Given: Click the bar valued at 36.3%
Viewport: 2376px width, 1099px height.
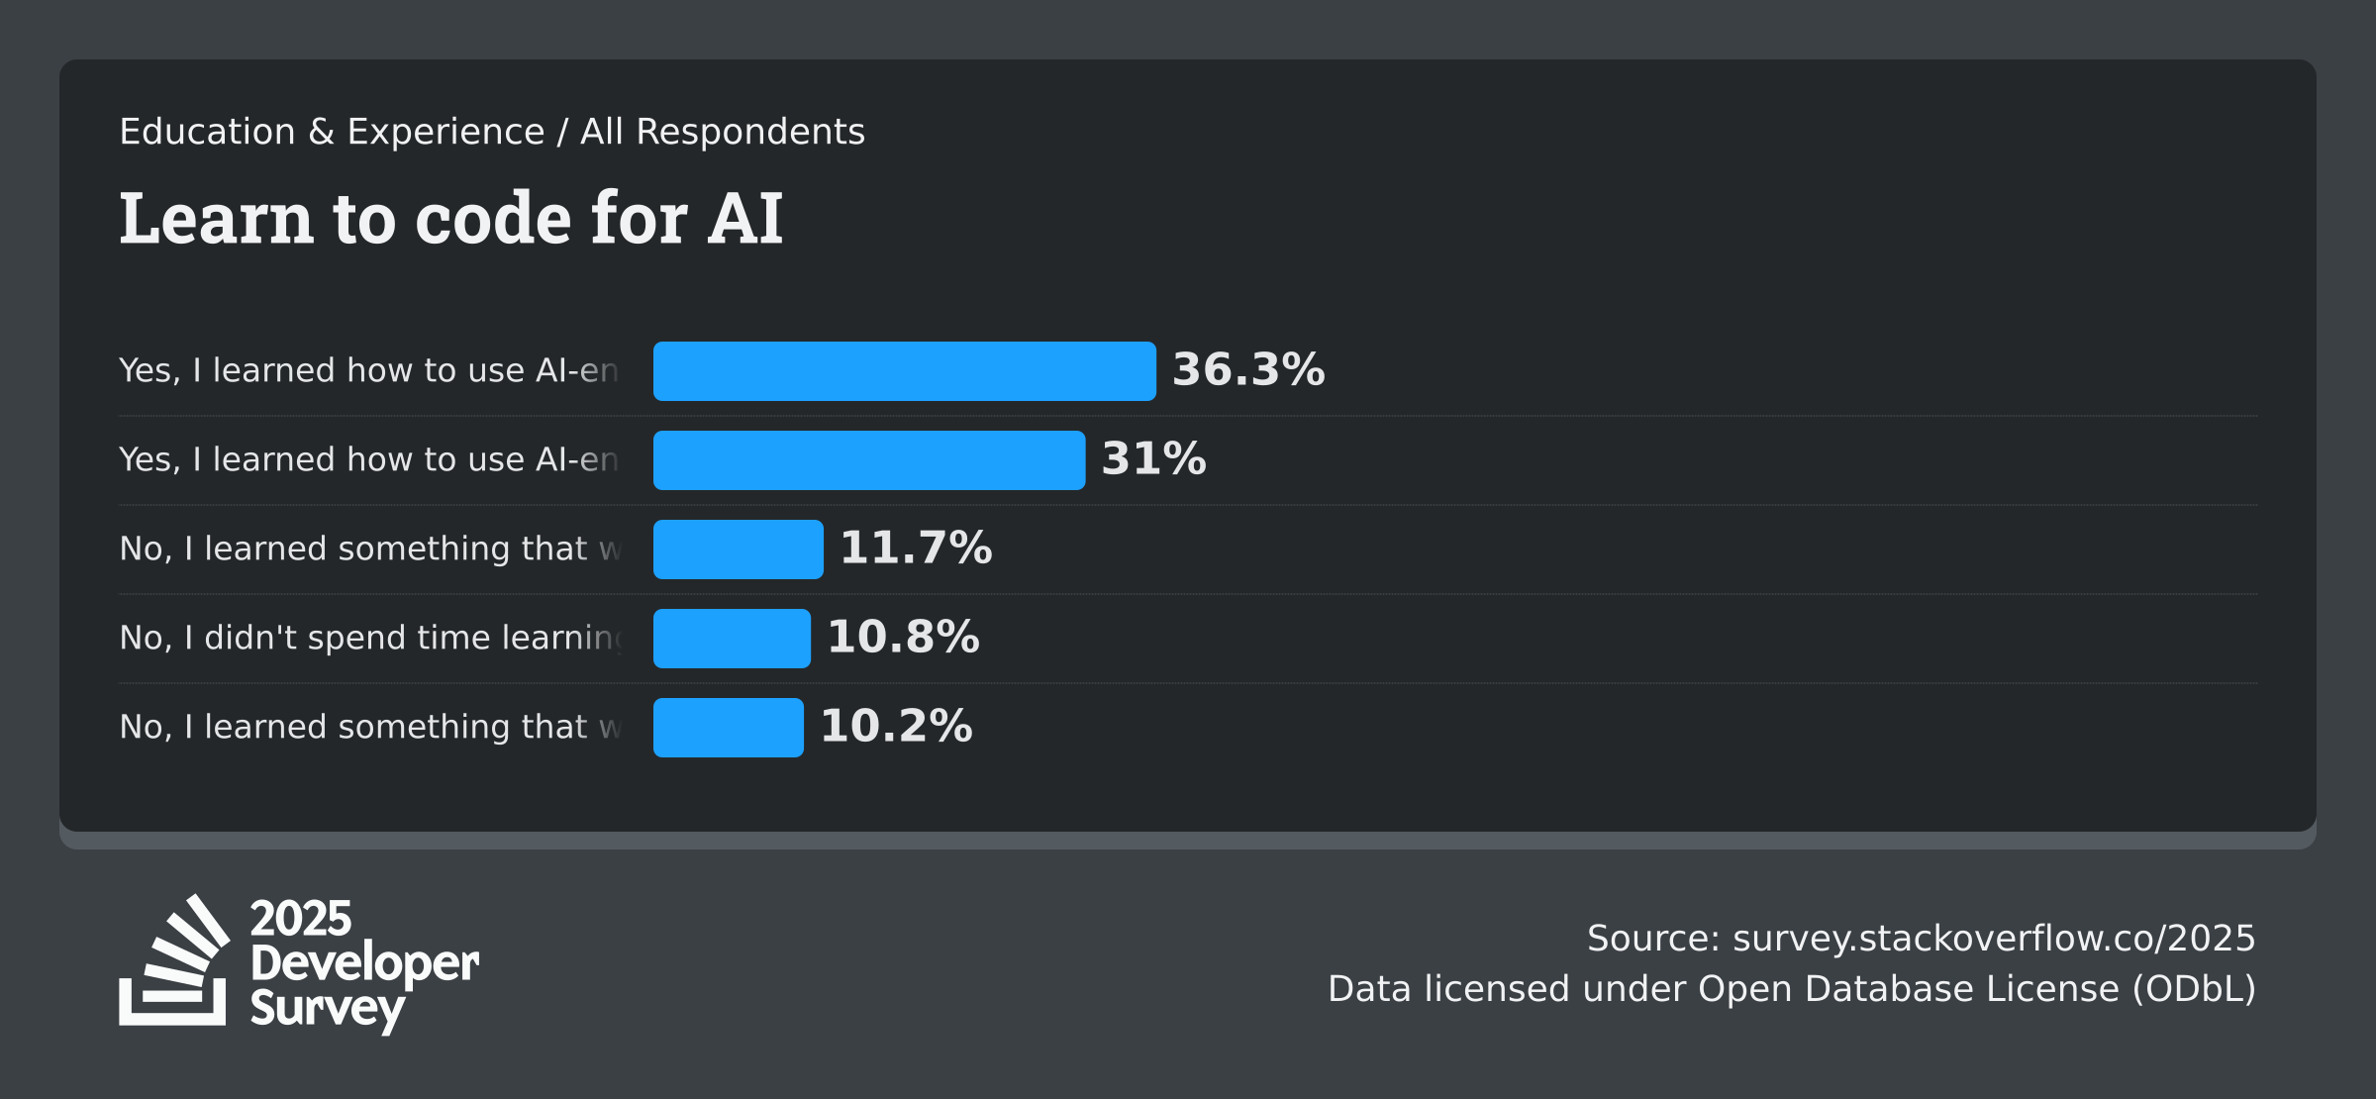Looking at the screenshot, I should pyautogui.click(x=904, y=371).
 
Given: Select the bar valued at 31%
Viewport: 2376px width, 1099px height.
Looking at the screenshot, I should pyautogui.click(x=869, y=460).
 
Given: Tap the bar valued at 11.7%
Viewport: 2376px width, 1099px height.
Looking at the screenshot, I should pyautogui.click(x=738, y=549).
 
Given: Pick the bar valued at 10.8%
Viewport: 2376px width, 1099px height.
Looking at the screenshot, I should pyautogui.click(x=732, y=639).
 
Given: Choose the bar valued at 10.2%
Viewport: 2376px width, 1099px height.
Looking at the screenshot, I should pyautogui.click(x=728, y=728).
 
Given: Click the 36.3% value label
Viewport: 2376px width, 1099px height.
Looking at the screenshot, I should pyautogui.click(x=1248, y=369).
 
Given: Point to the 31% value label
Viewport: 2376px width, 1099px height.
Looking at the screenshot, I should pyautogui.click(x=1153, y=458).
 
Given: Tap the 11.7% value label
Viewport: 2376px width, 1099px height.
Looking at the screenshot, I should pyautogui.click(x=916, y=548).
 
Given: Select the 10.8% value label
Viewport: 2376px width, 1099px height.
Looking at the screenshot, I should pyautogui.click(x=903, y=637).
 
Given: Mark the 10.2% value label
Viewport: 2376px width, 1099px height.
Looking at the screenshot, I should pyautogui.click(x=896, y=726).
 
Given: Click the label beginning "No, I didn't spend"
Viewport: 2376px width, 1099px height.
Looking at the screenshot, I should pyautogui.click(x=369, y=638).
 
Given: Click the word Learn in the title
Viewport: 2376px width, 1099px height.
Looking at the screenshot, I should pyautogui.click(x=216, y=219).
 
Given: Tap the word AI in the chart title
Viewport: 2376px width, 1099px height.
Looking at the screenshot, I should pyautogui.click(x=744, y=219).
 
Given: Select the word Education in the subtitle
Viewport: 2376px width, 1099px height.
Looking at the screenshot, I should pyautogui.click(x=207, y=132).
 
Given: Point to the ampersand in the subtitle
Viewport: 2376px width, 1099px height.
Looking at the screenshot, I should pyautogui.click(x=321, y=132).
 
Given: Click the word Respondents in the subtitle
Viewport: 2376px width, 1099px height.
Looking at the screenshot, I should pyautogui.click(x=750, y=132).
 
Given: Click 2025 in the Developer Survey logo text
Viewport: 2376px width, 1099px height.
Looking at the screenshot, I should pyautogui.click(x=300, y=919).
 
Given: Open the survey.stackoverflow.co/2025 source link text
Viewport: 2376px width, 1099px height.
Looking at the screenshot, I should pyautogui.click(x=1993, y=938).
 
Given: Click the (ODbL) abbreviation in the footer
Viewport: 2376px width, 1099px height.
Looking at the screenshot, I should pyautogui.click(x=2193, y=988).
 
